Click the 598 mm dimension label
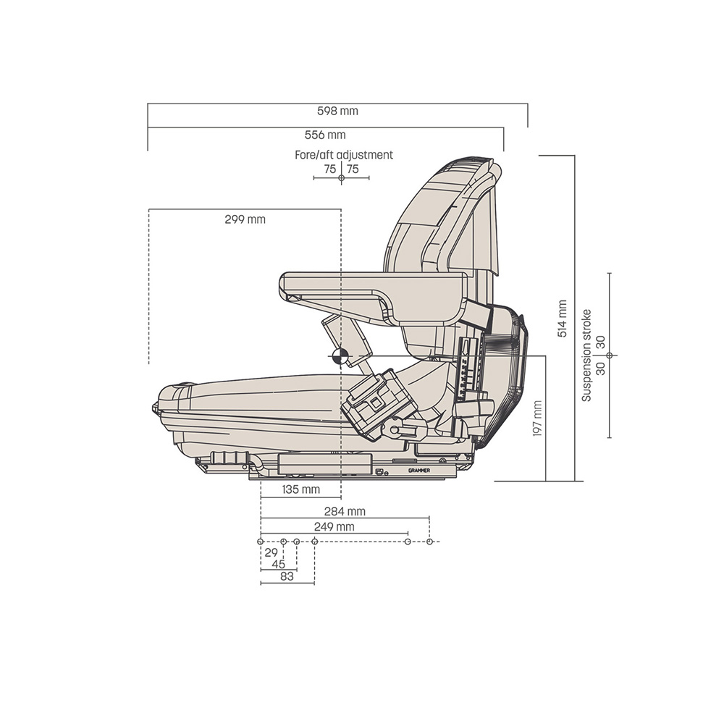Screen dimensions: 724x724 pos(337,111)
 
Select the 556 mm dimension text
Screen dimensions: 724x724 pos(325,135)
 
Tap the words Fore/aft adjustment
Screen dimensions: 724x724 pos(344,155)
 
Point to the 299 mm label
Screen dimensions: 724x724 pos(245,219)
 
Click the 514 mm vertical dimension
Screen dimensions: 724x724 pos(562,319)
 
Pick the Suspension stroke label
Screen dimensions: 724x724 pos(586,355)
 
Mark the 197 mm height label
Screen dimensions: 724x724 pos(537,418)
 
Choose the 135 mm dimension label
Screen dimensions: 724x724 pos(301,489)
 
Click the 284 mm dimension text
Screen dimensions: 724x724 pos(345,512)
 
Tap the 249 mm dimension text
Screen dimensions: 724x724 pos(334,526)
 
